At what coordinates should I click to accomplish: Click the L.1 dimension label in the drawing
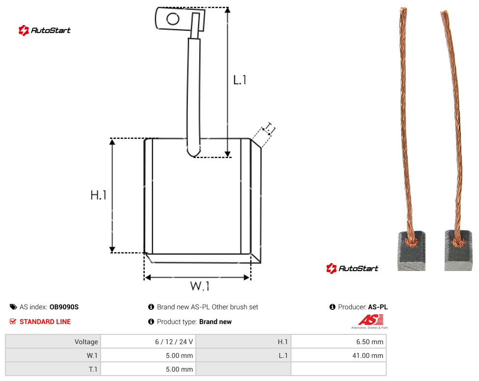point(240,80)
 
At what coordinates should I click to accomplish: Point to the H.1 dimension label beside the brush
point(98,195)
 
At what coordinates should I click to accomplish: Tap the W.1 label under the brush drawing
point(200,286)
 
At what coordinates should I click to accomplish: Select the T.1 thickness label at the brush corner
point(269,129)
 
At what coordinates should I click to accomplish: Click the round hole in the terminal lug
point(173,19)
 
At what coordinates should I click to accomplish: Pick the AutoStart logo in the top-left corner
point(45,30)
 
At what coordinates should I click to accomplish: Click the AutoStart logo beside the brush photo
point(352,268)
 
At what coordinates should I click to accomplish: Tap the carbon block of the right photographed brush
point(458,250)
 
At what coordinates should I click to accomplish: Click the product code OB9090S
point(64,307)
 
